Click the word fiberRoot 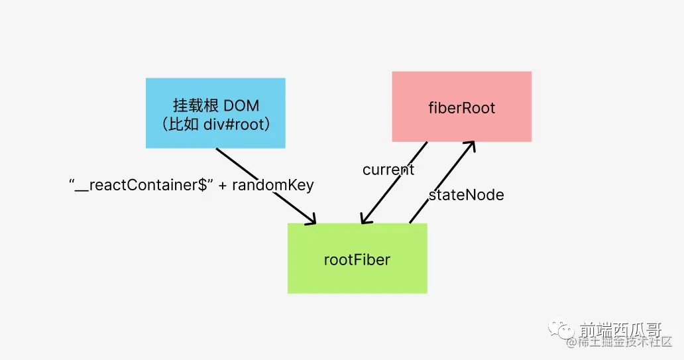[461, 107]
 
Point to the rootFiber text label [357, 259]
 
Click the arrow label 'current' [388, 170]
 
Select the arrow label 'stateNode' [466, 195]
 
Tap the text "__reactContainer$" [141, 186]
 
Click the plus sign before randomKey [223, 186]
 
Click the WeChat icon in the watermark [566, 329]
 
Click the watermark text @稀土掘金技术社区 [619, 342]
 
